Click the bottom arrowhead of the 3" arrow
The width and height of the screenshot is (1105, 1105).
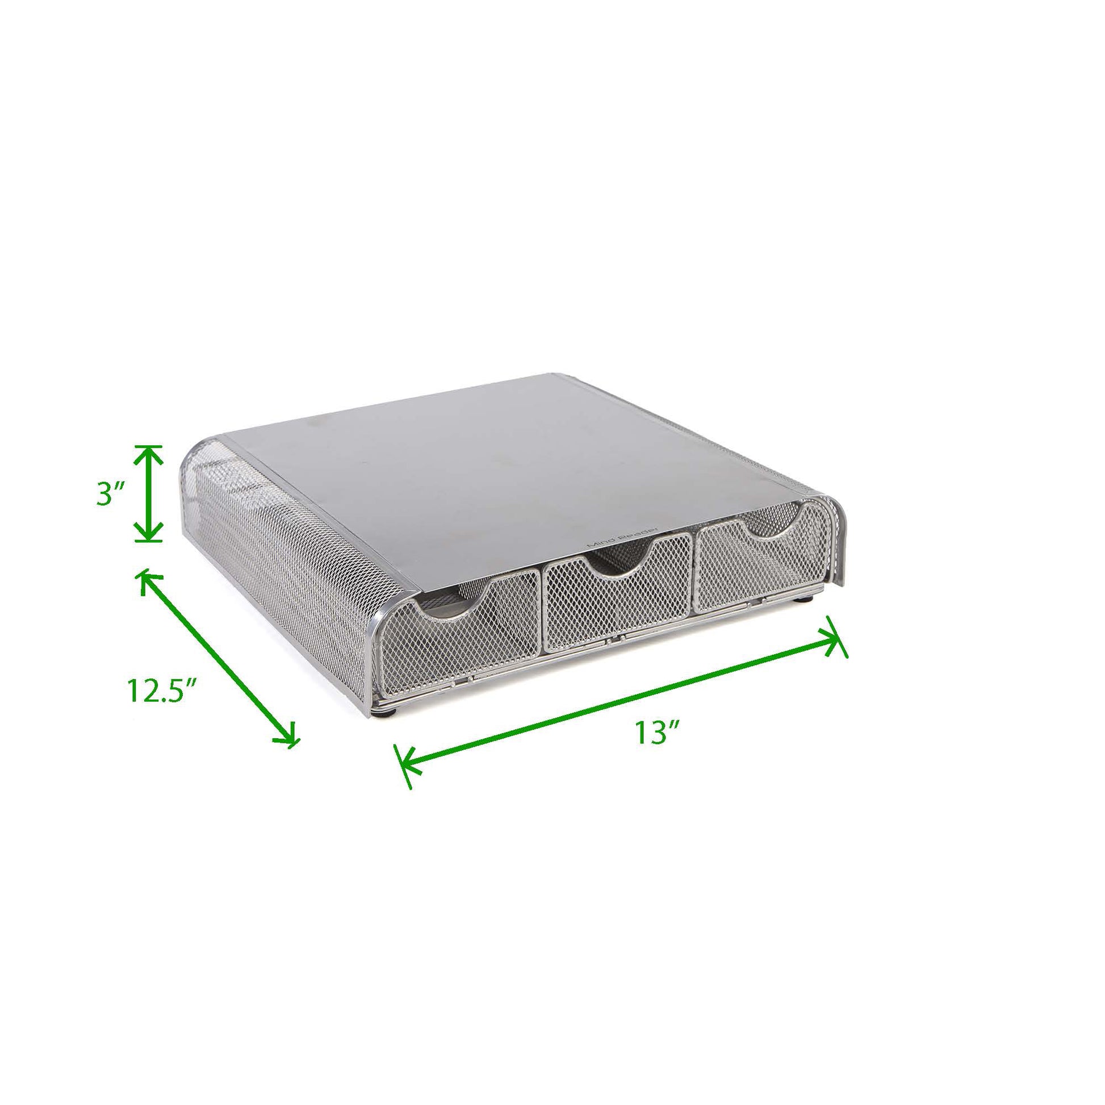[x=148, y=530]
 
